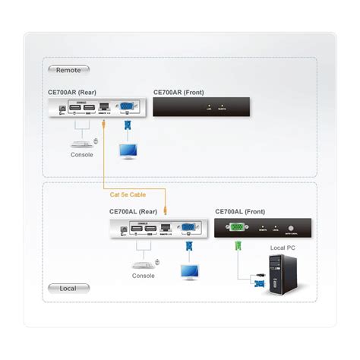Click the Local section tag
(x=68, y=288)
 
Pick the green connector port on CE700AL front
(x=238, y=226)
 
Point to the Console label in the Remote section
(x=81, y=155)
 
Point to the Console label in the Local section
(x=143, y=276)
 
